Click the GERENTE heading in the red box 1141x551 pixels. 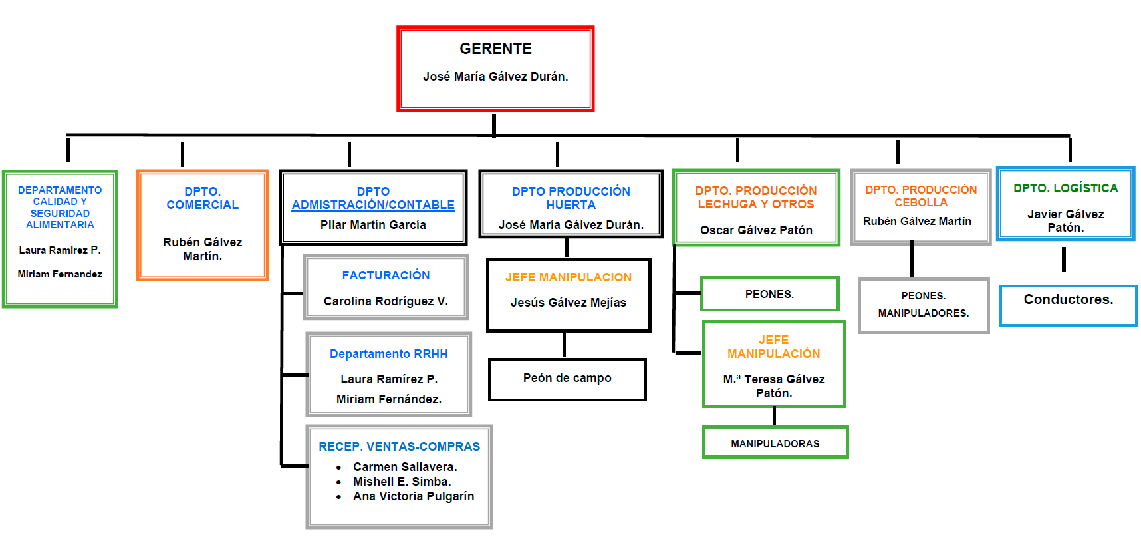pyautogui.click(x=495, y=49)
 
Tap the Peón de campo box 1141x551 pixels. pyautogui.click(x=567, y=379)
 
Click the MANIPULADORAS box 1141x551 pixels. pyautogui.click(x=775, y=443)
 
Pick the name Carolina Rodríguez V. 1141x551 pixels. pyautogui.click(x=386, y=301)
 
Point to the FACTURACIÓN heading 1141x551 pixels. pyautogui.click(x=386, y=275)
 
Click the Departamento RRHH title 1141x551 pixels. pyautogui.click(x=388, y=354)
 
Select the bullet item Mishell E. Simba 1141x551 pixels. pyautogui.click(x=402, y=482)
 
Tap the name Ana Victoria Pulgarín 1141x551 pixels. pyautogui.click(x=414, y=496)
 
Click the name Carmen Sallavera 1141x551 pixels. pyautogui.click(x=405, y=467)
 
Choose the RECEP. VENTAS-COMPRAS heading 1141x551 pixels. pyautogui.click(x=399, y=447)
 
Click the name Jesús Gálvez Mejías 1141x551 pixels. pyautogui.click(x=568, y=303)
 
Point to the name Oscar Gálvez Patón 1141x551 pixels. pyautogui.click(x=756, y=230)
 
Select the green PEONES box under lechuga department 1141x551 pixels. pyautogui.click(x=769, y=294)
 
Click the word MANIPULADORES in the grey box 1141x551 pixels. pyautogui.click(x=923, y=313)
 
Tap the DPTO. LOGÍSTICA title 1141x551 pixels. pyautogui.click(x=1065, y=188)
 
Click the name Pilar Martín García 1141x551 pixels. pyautogui.click(x=373, y=225)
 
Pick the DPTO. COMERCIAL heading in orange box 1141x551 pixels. pyautogui.click(x=202, y=198)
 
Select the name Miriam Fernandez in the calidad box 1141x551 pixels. pyautogui.click(x=60, y=274)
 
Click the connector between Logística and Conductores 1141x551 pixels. pyautogui.click(x=1064, y=259)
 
